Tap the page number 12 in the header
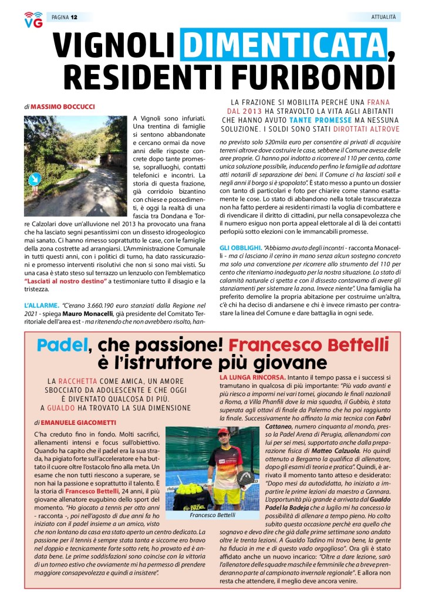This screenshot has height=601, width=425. click(x=74, y=17)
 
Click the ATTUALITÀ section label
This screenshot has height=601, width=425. click(x=384, y=17)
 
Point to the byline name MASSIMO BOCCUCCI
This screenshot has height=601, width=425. click(x=63, y=107)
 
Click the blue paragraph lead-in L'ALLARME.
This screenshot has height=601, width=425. click(x=41, y=306)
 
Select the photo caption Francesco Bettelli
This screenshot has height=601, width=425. click(x=212, y=515)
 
